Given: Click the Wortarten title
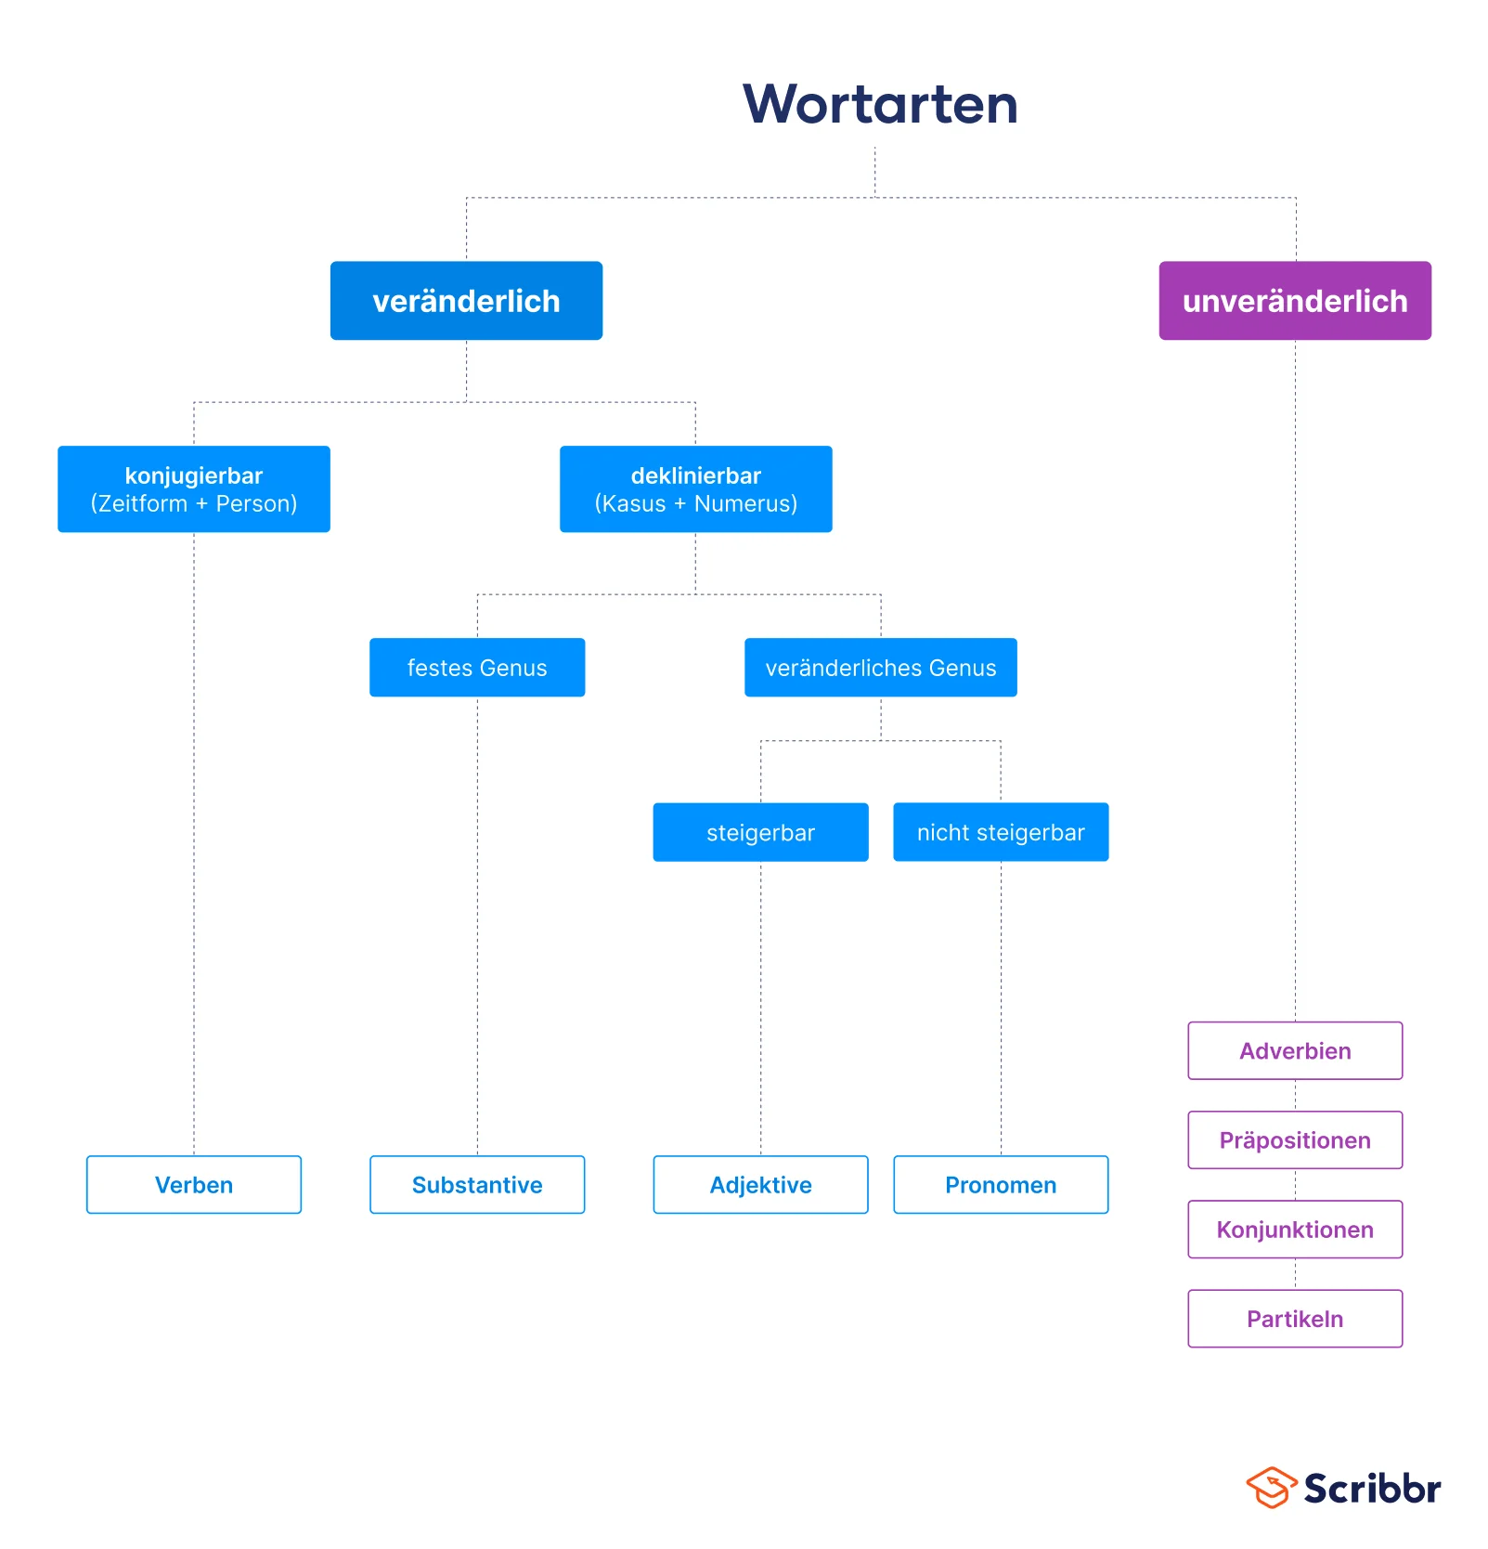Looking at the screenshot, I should point(879,104).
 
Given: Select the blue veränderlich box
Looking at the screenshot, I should point(466,301).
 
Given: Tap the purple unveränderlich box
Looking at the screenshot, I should point(1294,301).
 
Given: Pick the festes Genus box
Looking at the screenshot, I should point(477,668).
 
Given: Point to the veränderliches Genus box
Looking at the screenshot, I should point(880,668).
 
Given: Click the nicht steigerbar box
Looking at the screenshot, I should point(1000,833).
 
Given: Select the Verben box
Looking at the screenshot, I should point(193,1185).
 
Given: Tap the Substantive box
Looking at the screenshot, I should point(477,1185).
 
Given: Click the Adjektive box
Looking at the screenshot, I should point(760,1185).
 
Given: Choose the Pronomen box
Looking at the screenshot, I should point(1000,1185).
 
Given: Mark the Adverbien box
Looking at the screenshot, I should point(1294,1051).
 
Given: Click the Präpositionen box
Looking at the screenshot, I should point(1294,1140).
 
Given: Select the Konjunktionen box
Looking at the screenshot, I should point(1294,1230).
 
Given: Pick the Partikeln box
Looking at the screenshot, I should point(1294,1319).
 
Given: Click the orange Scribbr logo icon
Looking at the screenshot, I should point(1270,1488).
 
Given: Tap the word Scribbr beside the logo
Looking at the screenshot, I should point(1372,1489).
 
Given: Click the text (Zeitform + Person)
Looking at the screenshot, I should point(193,504).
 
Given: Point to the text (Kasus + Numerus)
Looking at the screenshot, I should point(695,504).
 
